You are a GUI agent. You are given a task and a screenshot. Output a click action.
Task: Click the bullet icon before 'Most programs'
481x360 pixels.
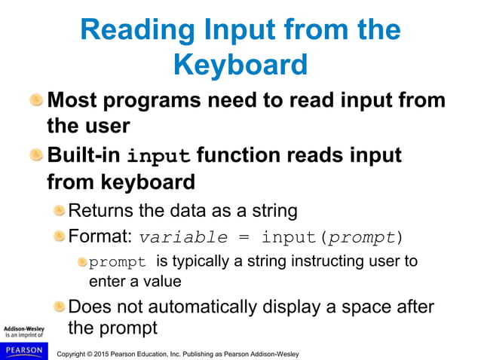point(36,99)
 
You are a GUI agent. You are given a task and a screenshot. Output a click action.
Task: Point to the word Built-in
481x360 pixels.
point(84,156)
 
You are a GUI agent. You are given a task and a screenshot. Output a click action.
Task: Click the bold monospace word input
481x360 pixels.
point(159,157)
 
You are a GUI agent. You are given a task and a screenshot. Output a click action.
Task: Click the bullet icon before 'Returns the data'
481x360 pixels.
point(59,210)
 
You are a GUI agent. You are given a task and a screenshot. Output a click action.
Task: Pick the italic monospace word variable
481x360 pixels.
point(183,237)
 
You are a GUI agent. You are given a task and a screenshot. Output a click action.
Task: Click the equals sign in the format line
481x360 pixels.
point(244,238)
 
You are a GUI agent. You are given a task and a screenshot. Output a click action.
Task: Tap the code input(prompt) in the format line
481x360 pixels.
point(332,237)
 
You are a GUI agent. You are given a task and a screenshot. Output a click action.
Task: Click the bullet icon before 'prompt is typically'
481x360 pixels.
point(81,261)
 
